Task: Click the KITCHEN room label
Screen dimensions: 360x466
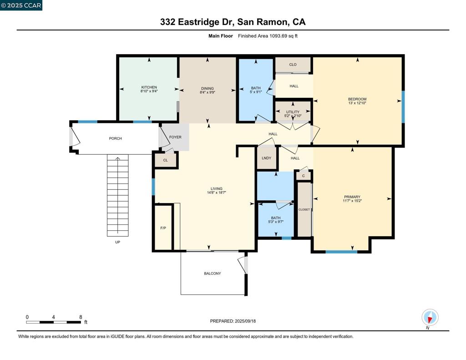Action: coord(149,87)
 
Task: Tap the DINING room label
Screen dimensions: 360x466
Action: coord(207,89)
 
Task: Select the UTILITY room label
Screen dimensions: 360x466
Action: coord(293,112)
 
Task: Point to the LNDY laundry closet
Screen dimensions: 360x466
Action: coord(267,158)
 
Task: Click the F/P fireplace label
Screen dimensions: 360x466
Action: coord(163,228)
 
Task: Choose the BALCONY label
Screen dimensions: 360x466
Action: coord(213,274)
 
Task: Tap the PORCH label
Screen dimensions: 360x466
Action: coord(115,138)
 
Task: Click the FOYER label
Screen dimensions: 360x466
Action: coord(175,137)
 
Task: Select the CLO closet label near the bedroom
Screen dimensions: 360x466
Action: coord(293,65)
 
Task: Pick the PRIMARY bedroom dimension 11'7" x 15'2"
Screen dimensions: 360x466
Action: coord(352,201)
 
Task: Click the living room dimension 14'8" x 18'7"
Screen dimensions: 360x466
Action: coord(217,193)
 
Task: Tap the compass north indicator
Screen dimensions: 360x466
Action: coord(430,317)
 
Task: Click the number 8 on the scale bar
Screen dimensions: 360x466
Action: coord(81,317)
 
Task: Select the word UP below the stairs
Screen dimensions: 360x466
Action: coord(117,242)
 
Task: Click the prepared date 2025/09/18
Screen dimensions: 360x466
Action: coord(245,321)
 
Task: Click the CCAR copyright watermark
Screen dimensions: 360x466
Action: coord(21,5)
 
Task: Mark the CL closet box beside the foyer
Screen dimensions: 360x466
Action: coord(165,160)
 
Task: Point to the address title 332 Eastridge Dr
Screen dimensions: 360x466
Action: coord(202,22)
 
